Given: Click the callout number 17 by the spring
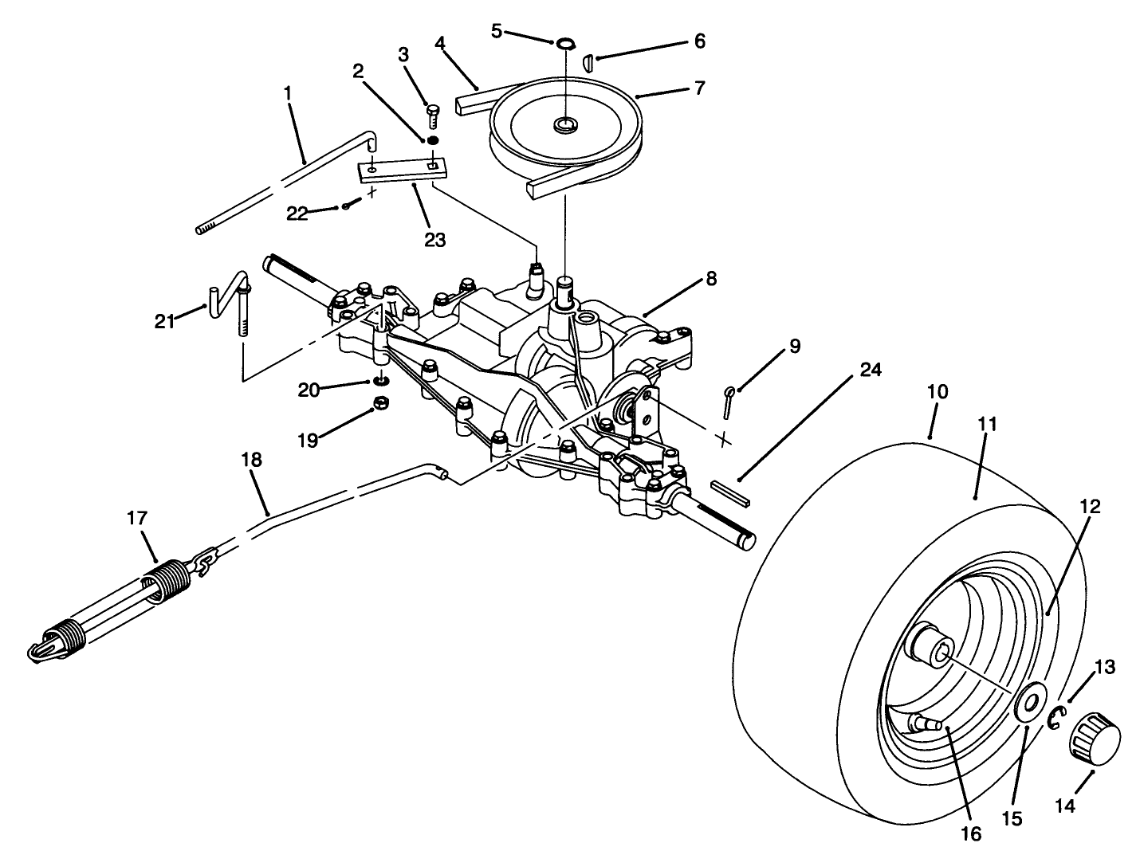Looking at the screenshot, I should (x=137, y=518).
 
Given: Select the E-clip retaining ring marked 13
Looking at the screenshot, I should (x=1055, y=718).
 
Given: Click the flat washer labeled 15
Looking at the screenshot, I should (x=1032, y=702).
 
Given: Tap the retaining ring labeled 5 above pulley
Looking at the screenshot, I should (x=565, y=41).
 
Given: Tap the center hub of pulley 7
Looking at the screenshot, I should (x=566, y=124).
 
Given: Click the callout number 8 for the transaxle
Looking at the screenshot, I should (x=710, y=279).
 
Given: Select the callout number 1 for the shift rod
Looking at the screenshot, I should (x=287, y=92).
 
